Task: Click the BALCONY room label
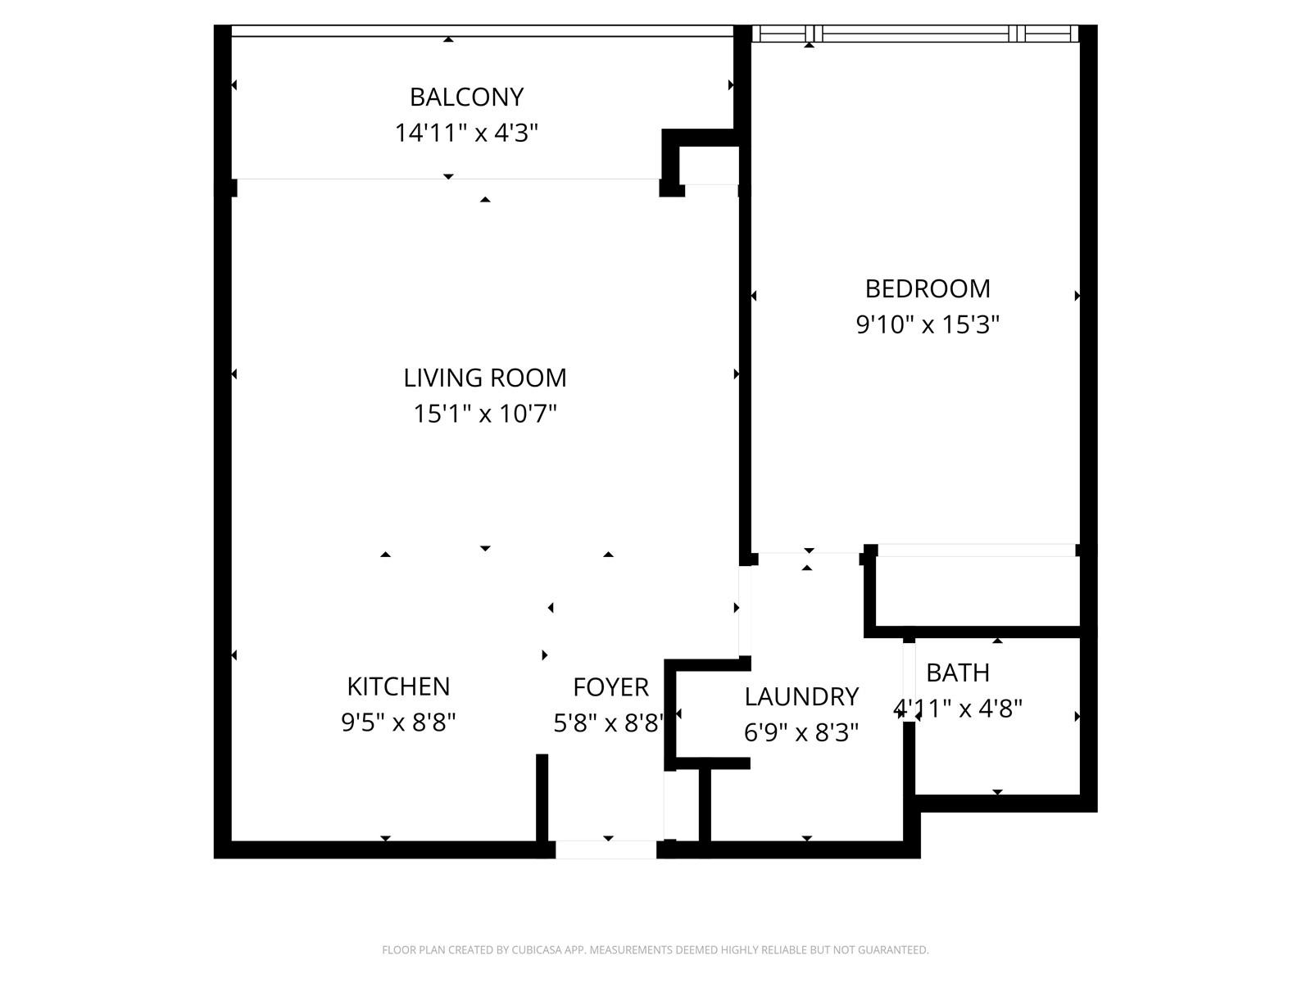[x=466, y=97]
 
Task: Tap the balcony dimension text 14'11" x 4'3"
[x=466, y=133]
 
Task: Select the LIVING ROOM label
[x=485, y=378]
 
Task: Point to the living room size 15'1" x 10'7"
[x=485, y=413]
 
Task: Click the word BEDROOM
[x=928, y=289]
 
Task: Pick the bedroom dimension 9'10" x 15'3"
[x=928, y=324]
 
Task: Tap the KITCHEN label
[x=398, y=686]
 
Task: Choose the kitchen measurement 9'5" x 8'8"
[x=398, y=723]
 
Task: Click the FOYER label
[x=610, y=687]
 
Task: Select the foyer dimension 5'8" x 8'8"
[x=610, y=723]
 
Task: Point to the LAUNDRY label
[x=801, y=696]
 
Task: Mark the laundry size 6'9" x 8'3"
[x=801, y=732]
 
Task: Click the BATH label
[x=957, y=673]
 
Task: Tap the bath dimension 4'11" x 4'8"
[x=957, y=709]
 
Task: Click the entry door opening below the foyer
[x=606, y=849]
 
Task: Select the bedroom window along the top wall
[x=915, y=34]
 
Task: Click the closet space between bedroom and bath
[x=978, y=591]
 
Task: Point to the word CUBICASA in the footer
[x=536, y=949]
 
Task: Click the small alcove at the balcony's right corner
[x=709, y=165]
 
